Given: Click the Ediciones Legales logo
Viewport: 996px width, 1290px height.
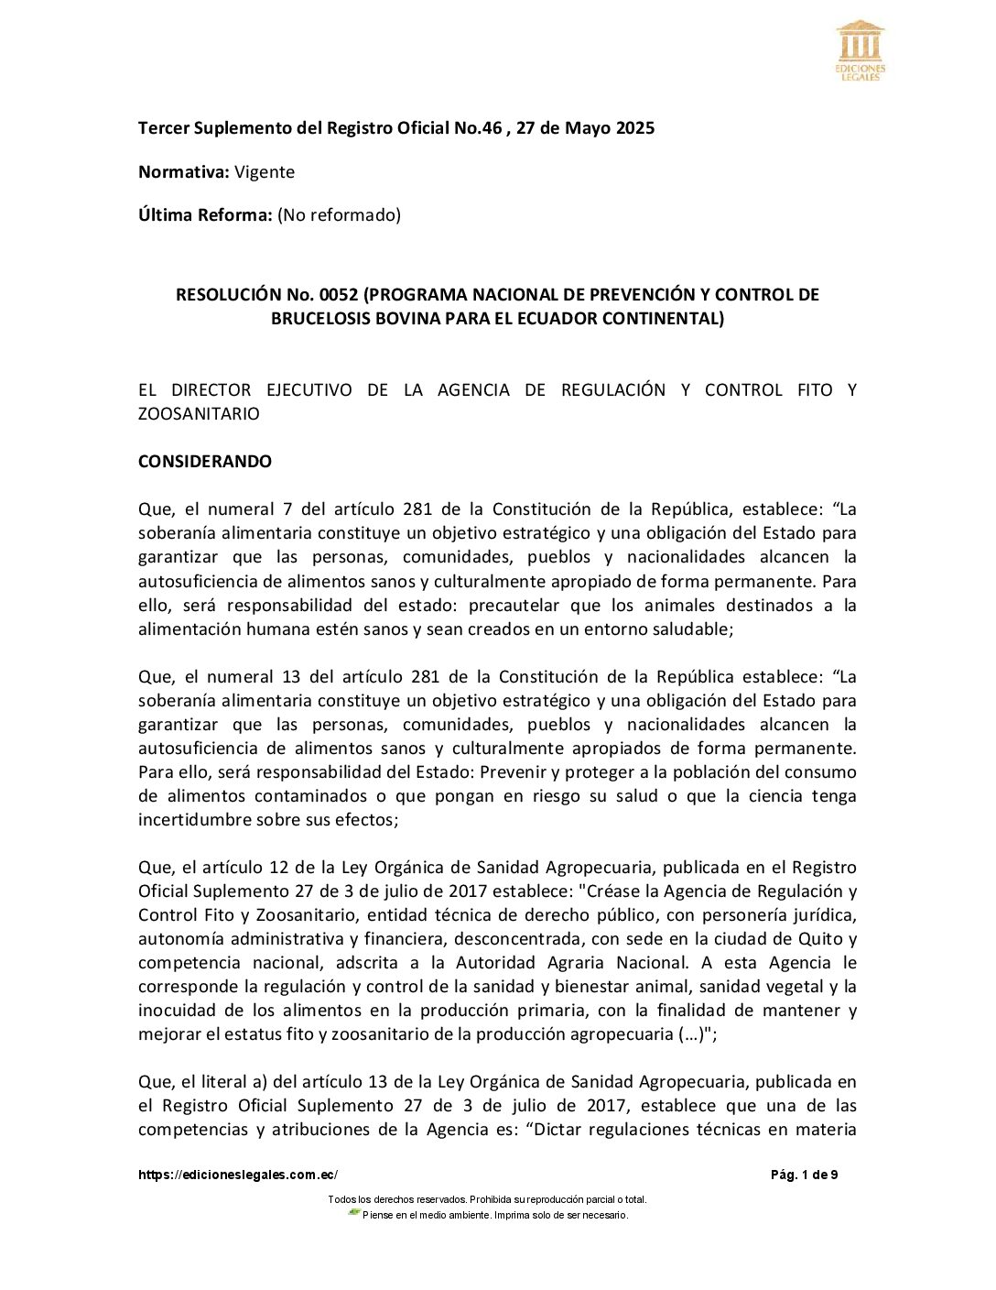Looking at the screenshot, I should pyautogui.click(x=860, y=50).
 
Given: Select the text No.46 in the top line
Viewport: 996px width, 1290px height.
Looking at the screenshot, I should pyautogui.click(x=478, y=128).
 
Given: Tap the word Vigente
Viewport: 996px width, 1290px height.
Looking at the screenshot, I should pyautogui.click(x=265, y=172).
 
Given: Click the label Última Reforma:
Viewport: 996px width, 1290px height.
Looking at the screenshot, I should pyautogui.click(x=205, y=215).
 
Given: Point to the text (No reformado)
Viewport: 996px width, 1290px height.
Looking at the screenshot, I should pyautogui.click(x=340, y=215).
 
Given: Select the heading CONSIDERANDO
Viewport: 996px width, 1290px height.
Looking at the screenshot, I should pyautogui.click(x=205, y=462).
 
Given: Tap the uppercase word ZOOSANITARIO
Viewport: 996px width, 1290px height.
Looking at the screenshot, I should pyautogui.click(x=199, y=414).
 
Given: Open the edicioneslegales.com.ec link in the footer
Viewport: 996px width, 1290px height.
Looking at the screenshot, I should pyautogui.click(x=238, y=1175).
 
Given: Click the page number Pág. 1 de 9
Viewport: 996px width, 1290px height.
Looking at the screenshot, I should pyautogui.click(x=804, y=1175).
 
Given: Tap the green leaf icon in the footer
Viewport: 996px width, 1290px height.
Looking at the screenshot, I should pyautogui.click(x=354, y=1213).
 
